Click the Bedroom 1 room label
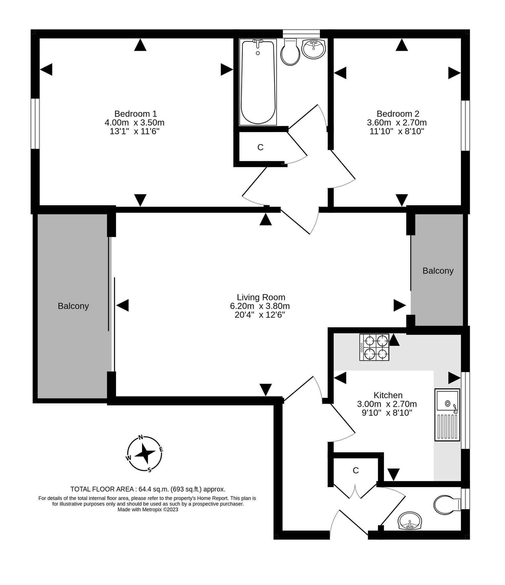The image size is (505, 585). point(136,114)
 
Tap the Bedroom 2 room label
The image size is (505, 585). point(398,114)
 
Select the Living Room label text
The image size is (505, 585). point(261,297)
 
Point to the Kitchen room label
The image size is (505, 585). point(388,395)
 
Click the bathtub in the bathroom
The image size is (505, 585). point(258,82)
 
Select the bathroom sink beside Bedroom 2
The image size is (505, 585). point(313,49)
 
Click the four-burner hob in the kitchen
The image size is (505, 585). point(374,347)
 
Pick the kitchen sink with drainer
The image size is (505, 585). point(447,415)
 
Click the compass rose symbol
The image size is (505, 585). point(144,453)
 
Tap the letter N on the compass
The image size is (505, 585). point(141,437)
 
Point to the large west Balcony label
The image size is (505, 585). point(73,306)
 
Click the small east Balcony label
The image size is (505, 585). point(438,271)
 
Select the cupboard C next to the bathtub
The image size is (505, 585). point(260,147)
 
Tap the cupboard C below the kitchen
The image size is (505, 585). point(355,470)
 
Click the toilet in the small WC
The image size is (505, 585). point(447,505)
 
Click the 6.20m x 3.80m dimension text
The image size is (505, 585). point(259,306)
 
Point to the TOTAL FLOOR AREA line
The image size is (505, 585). point(148,489)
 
